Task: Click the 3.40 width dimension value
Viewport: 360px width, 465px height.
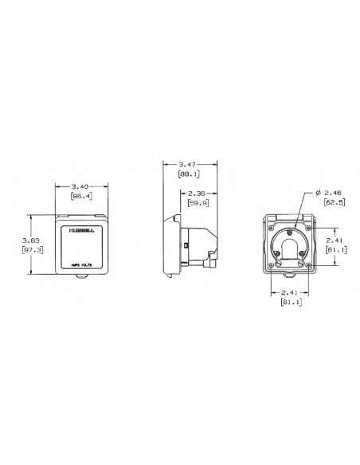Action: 80,187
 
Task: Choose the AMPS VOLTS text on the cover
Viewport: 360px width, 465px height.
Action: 80,264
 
